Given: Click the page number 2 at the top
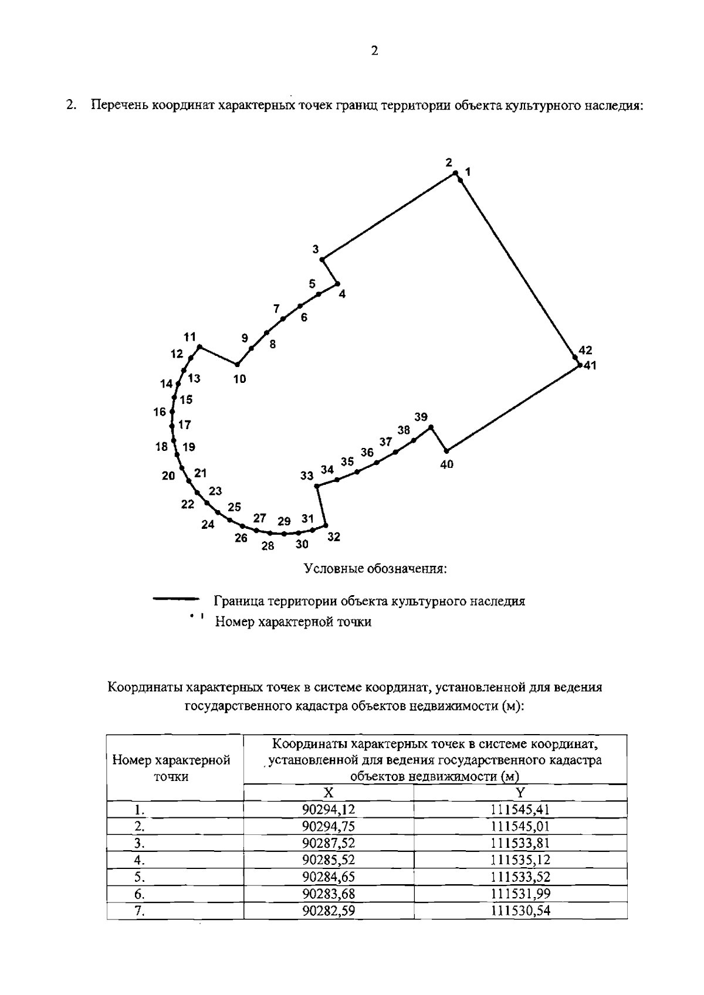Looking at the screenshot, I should click(375, 51).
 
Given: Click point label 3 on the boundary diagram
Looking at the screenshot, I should click(316, 249).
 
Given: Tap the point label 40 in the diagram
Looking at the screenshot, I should click(446, 464).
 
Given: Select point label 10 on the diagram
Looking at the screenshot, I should click(239, 379).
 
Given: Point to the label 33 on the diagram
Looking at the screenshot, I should click(307, 476).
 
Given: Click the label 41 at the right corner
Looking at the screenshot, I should click(588, 365).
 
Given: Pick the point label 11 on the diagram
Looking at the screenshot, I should click(189, 337).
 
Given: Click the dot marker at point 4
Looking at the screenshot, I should click(337, 284).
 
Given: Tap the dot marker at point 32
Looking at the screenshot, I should click(326, 525).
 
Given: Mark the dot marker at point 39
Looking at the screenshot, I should click(431, 427).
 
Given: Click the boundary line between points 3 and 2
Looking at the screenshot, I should click(389, 215).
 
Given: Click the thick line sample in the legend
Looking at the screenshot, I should click(176, 599).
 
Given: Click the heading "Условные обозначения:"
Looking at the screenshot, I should click(375, 569).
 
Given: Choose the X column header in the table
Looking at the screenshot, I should click(329, 793).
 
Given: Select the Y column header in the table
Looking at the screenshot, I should click(520, 793).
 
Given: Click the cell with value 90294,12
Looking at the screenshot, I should click(329, 810).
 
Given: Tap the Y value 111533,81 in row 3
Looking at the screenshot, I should click(520, 843).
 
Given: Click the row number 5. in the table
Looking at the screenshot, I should click(139, 877).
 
